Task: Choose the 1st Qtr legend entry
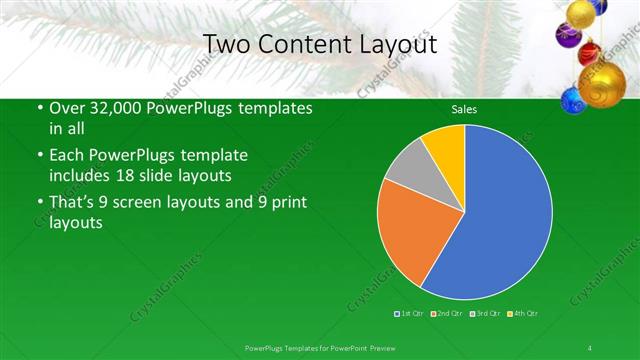[412, 314]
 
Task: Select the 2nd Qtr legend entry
[447, 314]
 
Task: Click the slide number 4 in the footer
[590, 347]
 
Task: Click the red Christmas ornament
[588, 51]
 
